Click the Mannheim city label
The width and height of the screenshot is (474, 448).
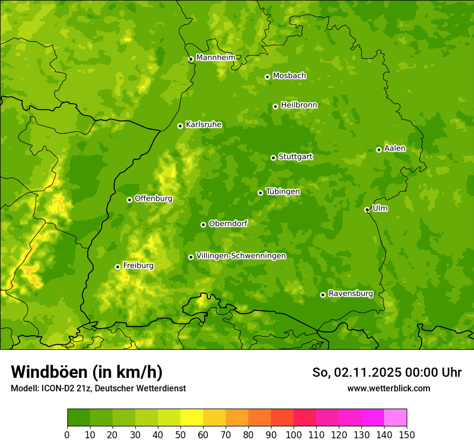(215, 58)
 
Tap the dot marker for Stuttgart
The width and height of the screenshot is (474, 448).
(273, 158)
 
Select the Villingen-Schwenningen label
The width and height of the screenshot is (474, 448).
(241, 256)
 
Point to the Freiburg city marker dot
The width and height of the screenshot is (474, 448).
(117, 267)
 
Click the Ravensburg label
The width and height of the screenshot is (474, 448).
(350, 294)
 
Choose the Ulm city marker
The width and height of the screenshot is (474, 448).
(367, 209)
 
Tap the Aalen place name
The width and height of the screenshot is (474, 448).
(395, 148)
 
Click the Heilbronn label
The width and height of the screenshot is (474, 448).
(299, 105)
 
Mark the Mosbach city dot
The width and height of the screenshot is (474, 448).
(267, 77)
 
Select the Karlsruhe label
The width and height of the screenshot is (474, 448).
(204, 125)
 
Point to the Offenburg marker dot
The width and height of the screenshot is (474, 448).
(129, 200)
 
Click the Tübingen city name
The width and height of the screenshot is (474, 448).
(283, 192)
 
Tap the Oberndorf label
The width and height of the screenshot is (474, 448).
(228, 223)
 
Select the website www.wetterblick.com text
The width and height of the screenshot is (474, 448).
(388, 388)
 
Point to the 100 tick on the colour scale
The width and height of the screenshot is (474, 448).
(294, 435)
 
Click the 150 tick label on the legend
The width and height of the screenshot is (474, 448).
(407, 435)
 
